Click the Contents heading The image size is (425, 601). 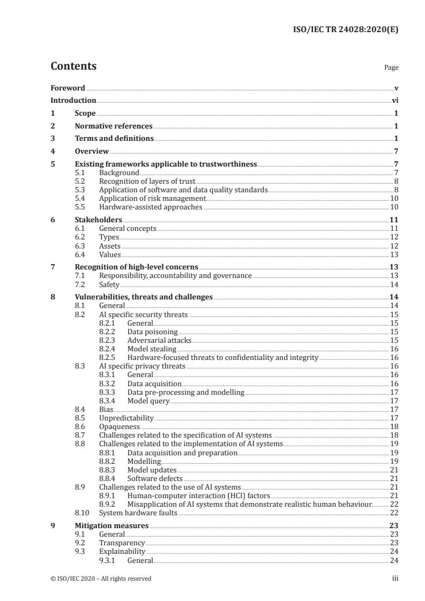pyautogui.click(x=73, y=67)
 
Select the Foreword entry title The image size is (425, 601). pyautogui.click(x=68, y=88)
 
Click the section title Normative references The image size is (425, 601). pyautogui.click(x=114, y=126)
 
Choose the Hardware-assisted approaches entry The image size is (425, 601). pyautogui.click(x=151, y=207)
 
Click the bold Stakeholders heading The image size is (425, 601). pyautogui.click(x=98, y=220)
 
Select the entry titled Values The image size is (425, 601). pyautogui.click(x=110, y=254)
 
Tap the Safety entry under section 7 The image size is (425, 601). pyautogui.click(x=109, y=284)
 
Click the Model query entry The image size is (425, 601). pyautogui.click(x=148, y=401)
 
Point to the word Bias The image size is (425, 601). pyautogui.click(x=106, y=409)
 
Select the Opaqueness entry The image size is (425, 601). pyautogui.click(x=120, y=426)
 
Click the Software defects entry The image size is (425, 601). pyautogui.click(x=155, y=478)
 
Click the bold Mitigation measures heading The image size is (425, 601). pyautogui.click(x=111, y=525)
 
